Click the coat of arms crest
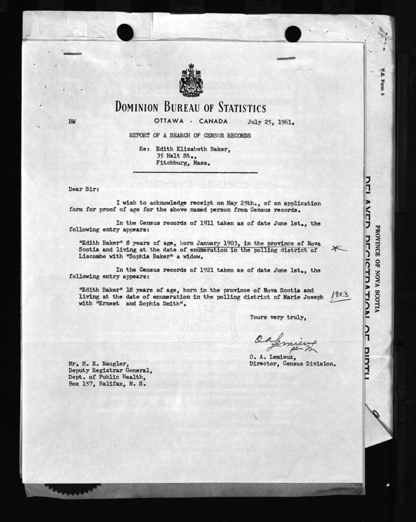pyautogui.click(x=191, y=81)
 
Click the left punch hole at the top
pyautogui.click(x=125, y=33)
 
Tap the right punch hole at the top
pyautogui.click(x=293, y=34)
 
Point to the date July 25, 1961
pyautogui.click(x=271, y=122)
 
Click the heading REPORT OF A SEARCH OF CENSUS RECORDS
pyautogui.click(x=190, y=136)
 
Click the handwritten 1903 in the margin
pyautogui.click(x=340, y=296)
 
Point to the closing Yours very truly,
pyautogui.click(x=277, y=317)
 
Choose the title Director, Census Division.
pyautogui.click(x=292, y=364)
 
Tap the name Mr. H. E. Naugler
pyautogui.click(x=97, y=364)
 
